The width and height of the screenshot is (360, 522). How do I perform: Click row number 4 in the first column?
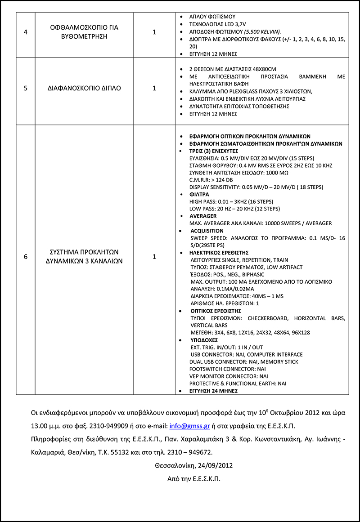pyautogui.click(x=25, y=32)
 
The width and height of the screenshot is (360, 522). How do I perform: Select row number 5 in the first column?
pyautogui.click(x=25, y=88)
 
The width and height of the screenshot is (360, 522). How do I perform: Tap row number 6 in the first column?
pyautogui.click(x=25, y=256)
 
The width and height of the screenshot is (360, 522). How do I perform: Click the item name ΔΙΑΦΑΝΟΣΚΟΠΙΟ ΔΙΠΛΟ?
pyautogui.click(x=85, y=88)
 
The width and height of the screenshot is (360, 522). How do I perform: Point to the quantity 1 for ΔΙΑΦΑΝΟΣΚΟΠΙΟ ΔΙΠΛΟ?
pyautogui.click(x=154, y=88)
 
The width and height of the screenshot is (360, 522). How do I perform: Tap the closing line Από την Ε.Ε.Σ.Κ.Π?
pyautogui.click(x=193, y=479)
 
